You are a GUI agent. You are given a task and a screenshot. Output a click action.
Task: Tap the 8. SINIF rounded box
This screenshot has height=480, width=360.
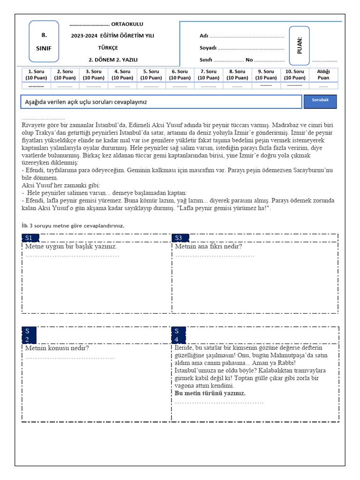pyautogui.click(x=44, y=41)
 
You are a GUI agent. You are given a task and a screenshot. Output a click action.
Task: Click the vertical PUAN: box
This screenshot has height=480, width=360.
pyautogui.click(x=299, y=45)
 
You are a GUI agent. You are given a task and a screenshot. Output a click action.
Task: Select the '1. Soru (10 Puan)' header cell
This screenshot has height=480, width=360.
pyautogui.click(x=36, y=75)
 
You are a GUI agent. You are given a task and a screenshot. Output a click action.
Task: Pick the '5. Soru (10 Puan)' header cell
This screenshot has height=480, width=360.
pyautogui.click(x=151, y=75)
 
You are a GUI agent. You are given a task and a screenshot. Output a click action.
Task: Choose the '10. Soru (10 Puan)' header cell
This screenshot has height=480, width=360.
pyautogui.click(x=295, y=75)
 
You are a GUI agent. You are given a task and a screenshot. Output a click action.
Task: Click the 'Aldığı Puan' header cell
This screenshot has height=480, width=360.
pyautogui.click(x=323, y=75)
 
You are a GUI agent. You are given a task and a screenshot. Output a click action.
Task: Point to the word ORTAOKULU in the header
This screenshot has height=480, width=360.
pyautogui.click(x=127, y=24)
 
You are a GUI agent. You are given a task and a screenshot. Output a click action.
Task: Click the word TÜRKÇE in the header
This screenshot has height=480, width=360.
pyautogui.click(x=108, y=48)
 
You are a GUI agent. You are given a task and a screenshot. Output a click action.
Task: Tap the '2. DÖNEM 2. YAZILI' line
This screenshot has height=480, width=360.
pyautogui.click(x=110, y=60)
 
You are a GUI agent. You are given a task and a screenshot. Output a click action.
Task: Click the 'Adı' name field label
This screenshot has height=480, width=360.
pyautogui.click(x=204, y=36)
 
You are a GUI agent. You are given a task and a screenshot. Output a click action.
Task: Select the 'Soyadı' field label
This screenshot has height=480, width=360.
pyautogui.click(x=208, y=48)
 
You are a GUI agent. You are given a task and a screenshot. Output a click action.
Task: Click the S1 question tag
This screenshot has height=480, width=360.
pyautogui.click(x=29, y=238)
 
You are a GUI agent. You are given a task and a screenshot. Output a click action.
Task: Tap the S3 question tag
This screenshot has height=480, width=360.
pyautogui.click(x=179, y=238)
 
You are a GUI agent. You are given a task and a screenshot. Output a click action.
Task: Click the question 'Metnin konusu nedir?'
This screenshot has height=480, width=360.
pyautogui.click(x=57, y=348)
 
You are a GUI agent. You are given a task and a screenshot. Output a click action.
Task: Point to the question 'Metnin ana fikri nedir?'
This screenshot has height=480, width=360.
pyautogui.click(x=209, y=247)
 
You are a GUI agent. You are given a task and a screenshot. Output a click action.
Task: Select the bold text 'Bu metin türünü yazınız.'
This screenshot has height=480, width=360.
pyautogui.click(x=210, y=393)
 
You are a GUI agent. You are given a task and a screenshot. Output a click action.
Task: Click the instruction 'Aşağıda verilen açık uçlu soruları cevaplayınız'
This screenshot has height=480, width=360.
pyautogui.click(x=89, y=102)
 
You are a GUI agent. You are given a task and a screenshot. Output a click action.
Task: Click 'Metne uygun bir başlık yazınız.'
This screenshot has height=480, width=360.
pyautogui.click(x=71, y=247)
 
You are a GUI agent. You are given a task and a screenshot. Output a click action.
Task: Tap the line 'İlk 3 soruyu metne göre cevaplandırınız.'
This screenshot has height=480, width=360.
pyautogui.click(x=73, y=225)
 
